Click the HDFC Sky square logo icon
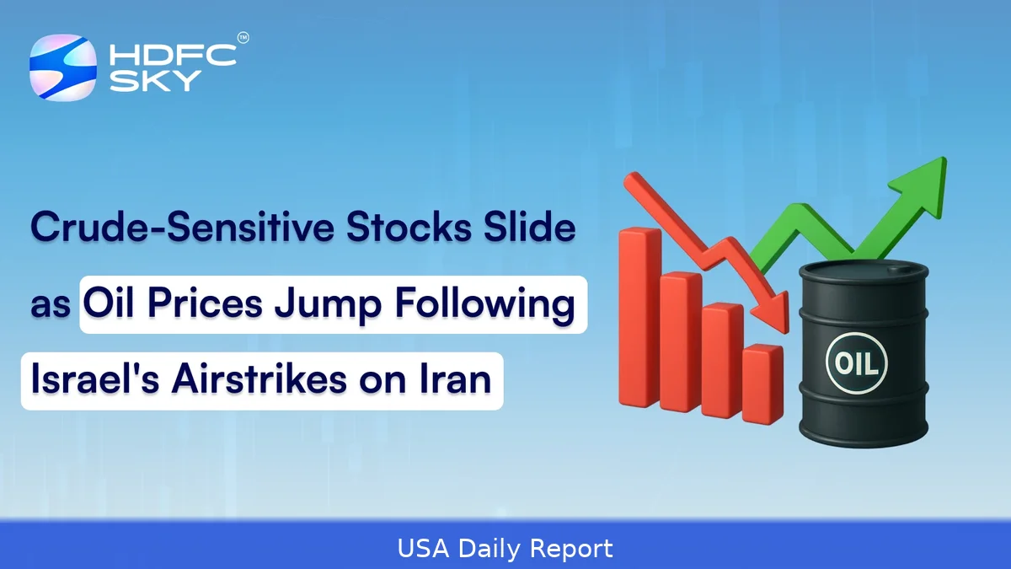pyautogui.click(x=62, y=67)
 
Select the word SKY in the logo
pyautogui.click(x=143, y=81)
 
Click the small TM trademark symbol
pyautogui.click(x=243, y=38)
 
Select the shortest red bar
pyautogui.click(x=763, y=384)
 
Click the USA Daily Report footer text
pyautogui.click(x=505, y=550)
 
